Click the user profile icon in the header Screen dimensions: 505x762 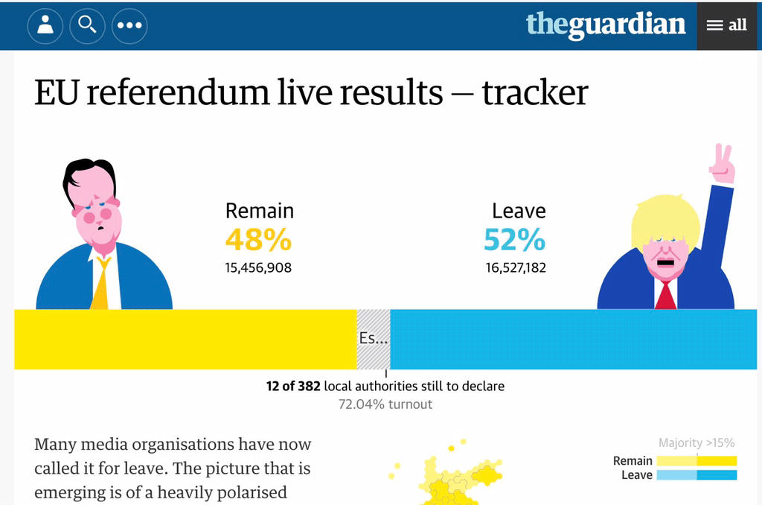(45, 25)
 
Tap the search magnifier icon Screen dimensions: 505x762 (87, 25)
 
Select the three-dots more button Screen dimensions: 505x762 (129, 25)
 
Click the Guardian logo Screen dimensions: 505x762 (606, 25)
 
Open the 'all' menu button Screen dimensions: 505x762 (727, 25)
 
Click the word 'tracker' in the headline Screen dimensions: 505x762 (535, 92)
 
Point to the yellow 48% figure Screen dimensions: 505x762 (258, 240)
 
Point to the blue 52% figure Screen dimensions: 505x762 (514, 240)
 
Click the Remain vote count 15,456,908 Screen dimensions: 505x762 (258, 267)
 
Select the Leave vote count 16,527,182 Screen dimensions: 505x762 (516, 267)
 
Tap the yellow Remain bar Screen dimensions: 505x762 (186, 339)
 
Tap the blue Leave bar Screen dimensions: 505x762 (573, 339)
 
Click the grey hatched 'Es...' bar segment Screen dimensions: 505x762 (374, 339)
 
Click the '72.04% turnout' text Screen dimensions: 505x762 (385, 404)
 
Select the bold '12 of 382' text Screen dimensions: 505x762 (293, 386)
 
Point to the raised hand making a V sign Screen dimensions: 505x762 (722, 164)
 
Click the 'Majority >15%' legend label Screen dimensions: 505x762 (697, 443)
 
